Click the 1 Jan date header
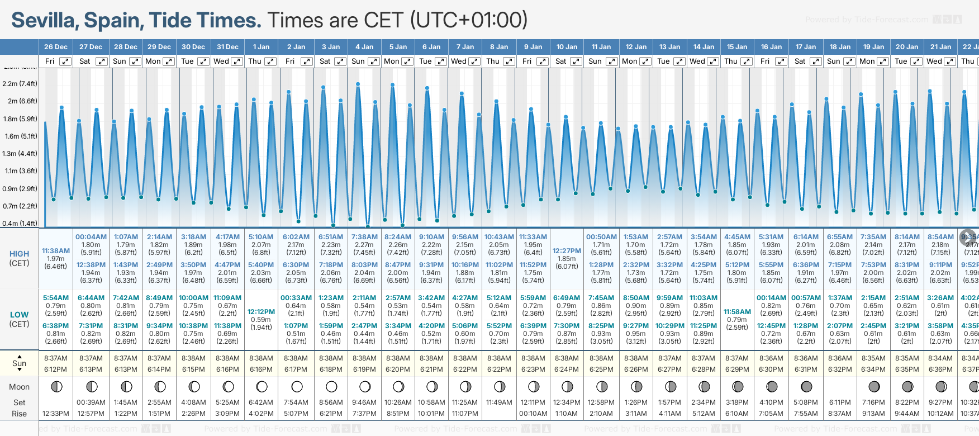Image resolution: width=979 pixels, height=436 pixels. click(261, 47)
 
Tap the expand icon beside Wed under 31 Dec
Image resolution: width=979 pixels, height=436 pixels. click(237, 61)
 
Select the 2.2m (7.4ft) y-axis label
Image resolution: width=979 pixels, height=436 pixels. click(20, 84)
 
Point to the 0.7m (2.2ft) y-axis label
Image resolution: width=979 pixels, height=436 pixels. click(20, 206)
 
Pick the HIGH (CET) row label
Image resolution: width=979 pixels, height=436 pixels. click(20, 258)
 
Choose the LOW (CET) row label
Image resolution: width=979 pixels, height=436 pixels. click(20, 319)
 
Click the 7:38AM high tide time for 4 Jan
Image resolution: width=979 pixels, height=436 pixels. click(364, 237)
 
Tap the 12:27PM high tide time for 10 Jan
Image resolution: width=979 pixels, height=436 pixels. click(567, 251)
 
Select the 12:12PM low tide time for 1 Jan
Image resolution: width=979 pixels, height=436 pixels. click(261, 312)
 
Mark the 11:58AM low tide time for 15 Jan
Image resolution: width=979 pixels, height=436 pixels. click(737, 312)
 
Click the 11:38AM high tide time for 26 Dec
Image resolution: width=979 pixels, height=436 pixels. click(56, 251)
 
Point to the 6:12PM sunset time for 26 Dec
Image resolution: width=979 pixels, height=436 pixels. click(56, 369)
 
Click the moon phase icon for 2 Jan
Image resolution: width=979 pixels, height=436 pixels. click(297, 386)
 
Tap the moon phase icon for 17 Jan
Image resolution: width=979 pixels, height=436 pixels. click(806, 386)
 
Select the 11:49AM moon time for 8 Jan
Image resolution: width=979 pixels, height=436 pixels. click(499, 402)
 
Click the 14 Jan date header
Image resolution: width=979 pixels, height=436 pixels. click(704, 47)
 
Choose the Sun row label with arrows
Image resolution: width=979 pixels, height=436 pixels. click(20, 363)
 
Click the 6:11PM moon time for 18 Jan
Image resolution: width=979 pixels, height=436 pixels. click(839, 402)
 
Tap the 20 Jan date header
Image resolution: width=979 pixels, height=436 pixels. click(906, 47)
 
